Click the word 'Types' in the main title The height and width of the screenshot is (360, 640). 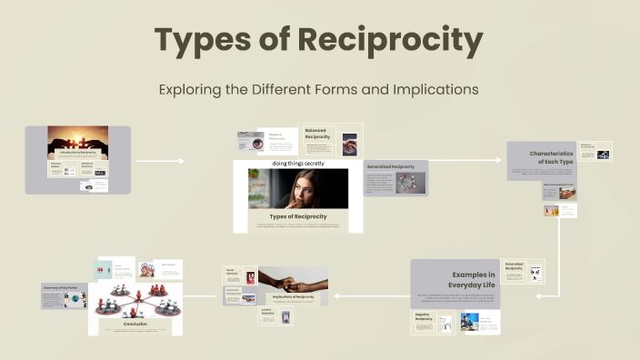click(x=202, y=41)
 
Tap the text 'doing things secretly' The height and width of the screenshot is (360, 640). click(x=297, y=164)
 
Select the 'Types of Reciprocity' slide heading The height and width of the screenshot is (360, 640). click(x=297, y=215)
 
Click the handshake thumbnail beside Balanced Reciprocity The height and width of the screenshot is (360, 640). click(x=349, y=144)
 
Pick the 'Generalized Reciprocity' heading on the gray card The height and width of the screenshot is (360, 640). click(x=391, y=167)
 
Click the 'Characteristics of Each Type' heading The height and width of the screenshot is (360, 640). click(x=551, y=159)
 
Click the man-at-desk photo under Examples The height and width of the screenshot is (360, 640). click(x=469, y=321)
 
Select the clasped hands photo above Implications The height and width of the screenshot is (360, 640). click(x=293, y=278)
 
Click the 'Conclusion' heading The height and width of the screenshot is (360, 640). click(x=135, y=322)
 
